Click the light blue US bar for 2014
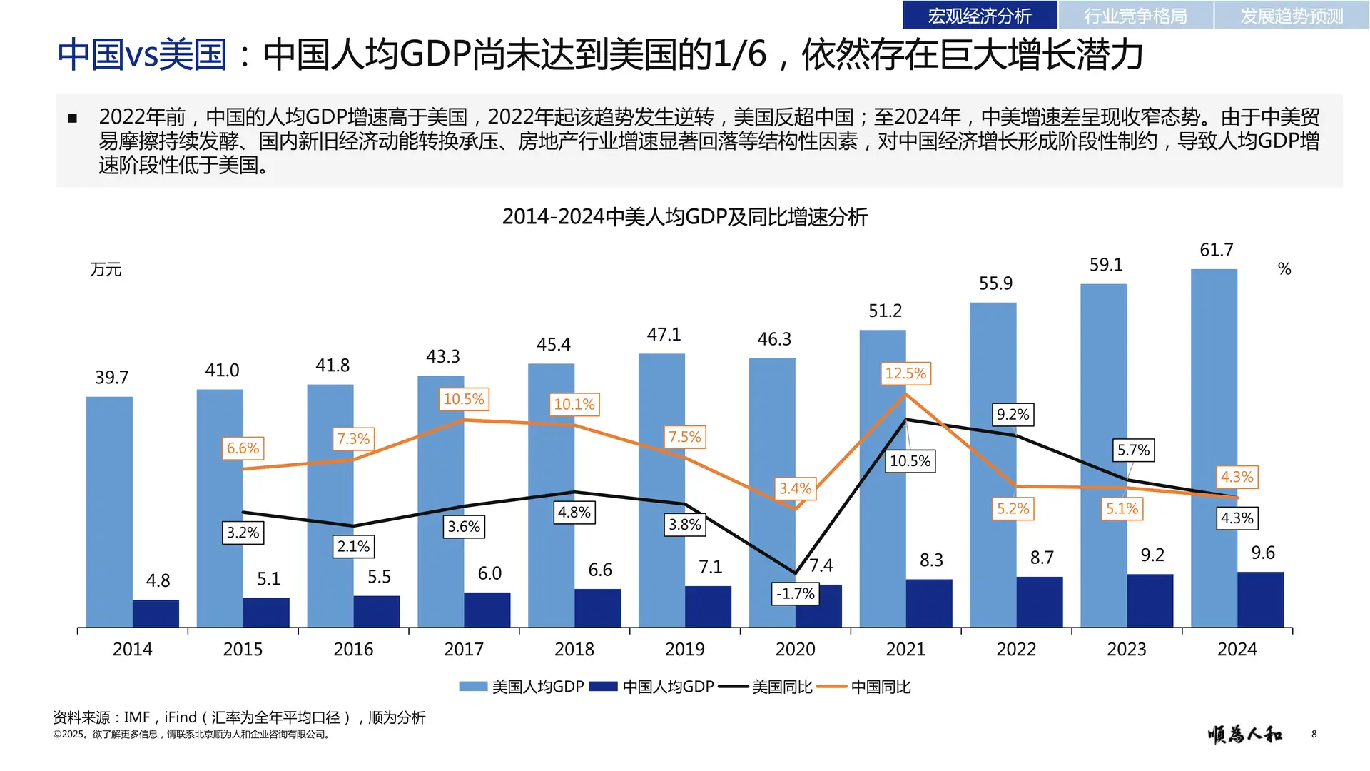pos(109,511)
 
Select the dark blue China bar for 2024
pos(1260,600)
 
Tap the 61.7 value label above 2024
pos(1216,250)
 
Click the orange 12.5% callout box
pos(905,373)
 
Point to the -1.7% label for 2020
pos(795,593)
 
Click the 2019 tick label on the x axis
pos(684,649)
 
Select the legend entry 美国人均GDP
pos(522,687)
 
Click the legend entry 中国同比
pos(864,687)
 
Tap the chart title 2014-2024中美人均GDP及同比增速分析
pos(684,217)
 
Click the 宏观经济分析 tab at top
pos(979,15)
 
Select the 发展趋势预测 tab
pos(1291,15)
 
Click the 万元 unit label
pos(106,270)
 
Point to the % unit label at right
pos(1284,269)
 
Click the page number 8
pos(1314,734)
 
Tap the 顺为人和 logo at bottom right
pos(1244,734)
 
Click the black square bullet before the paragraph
pos(72,118)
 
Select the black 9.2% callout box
pos(1013,415)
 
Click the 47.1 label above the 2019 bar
pos(664,334)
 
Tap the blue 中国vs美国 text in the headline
pos(141,54)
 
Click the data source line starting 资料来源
pos(239,717)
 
